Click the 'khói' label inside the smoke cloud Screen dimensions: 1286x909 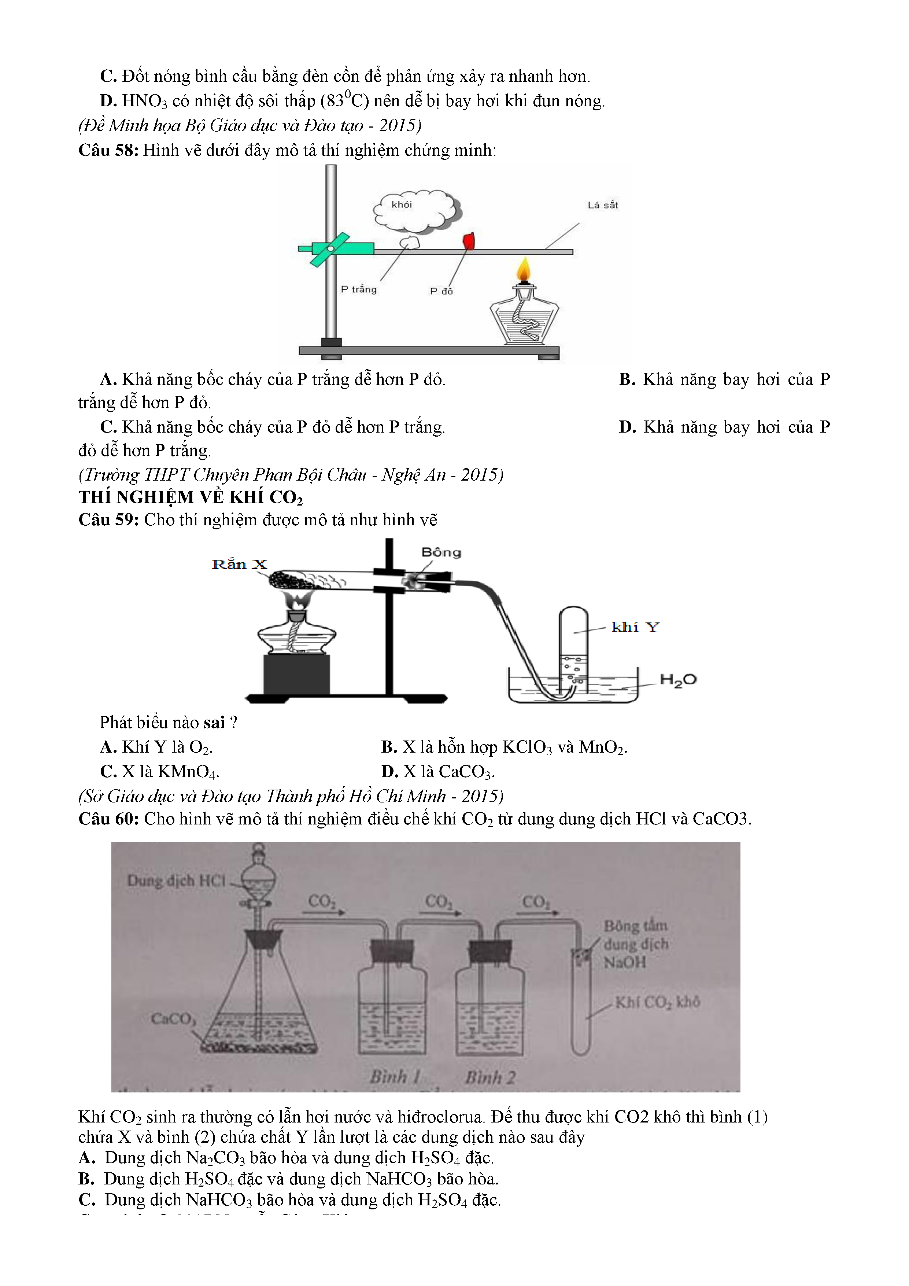click(401, 205)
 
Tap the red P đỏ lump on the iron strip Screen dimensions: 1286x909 click(469, 241)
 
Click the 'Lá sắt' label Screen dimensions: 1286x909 click(602, 205)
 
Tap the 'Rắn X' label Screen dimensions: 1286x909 click(240, 564)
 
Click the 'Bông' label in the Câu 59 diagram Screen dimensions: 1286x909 click(441, 552)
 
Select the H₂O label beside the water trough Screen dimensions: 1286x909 click(678, 680)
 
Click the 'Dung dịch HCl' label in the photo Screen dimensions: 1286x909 click(176, 881)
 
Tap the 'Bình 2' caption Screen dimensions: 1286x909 click(490, 1077)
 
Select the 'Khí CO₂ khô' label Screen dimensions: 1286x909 click(657, 1002)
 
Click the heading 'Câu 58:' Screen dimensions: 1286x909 click(108, 150)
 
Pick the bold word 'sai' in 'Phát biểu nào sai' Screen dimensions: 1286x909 click(214, 723)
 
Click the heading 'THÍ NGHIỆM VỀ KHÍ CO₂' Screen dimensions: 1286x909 click(190, 497)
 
